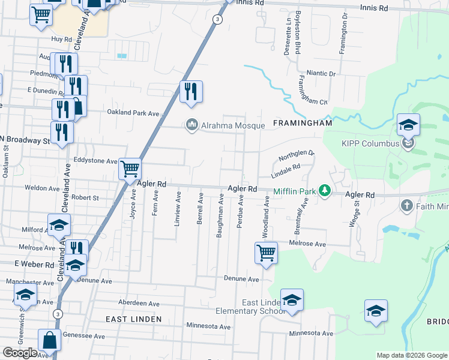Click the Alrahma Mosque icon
[x=192, y=125]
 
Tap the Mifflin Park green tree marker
[x=325, y=191]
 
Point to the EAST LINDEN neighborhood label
[x=133, y=319]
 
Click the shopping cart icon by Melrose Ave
[x=265, y=252]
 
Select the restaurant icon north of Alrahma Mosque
[x=191, y=91]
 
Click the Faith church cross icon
[x=406, y=206]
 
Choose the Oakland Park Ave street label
[x=133, y=113]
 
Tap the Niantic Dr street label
[x=321, y=73]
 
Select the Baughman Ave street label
[x=220, y=215]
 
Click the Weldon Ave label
[x=42, y=188]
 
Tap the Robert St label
[x=85, y=197]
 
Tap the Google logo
[x=20, y=353]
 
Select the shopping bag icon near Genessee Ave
[x=49, y=340]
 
